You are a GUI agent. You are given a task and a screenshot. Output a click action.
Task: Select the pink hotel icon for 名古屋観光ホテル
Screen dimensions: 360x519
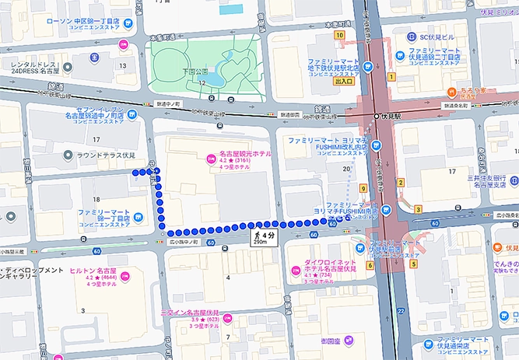[209, 159]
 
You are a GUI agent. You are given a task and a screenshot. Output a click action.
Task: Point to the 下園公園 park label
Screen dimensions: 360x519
[195, 70]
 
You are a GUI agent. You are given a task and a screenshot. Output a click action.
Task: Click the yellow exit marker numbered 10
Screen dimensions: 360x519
[340, 35]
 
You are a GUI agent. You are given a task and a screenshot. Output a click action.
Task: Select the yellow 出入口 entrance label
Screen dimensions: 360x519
[343, 80]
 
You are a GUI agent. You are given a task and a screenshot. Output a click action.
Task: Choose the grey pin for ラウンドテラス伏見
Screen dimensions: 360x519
[69, 155]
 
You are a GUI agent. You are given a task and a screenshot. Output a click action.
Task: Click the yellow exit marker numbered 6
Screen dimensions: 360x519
[370, 266]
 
